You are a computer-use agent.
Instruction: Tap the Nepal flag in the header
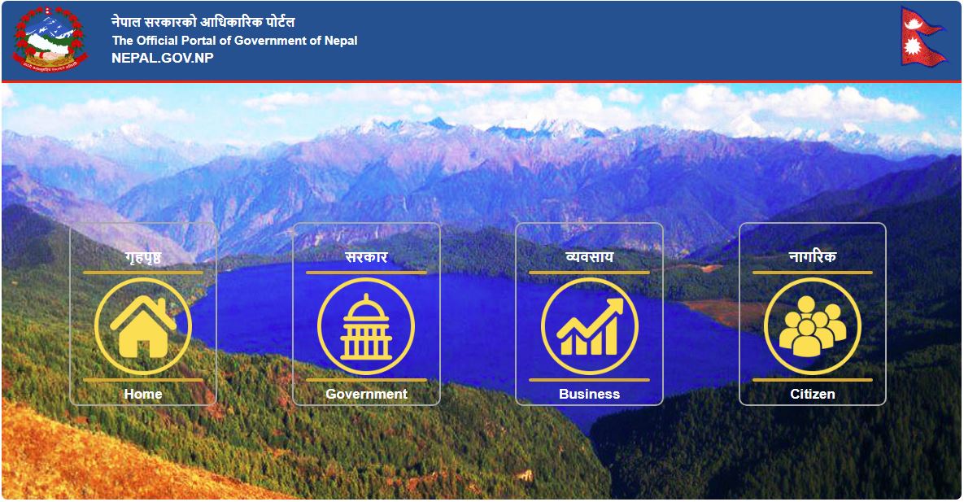pyautogui.click(x=923, y=37)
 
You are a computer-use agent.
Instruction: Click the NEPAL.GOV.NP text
pyautogui.click(x=163, y=58)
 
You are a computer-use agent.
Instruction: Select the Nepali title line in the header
pyautogui.click(x=203, y=22)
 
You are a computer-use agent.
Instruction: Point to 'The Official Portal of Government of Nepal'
pyautogui.click(x=234, y=41)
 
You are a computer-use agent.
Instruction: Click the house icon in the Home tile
pyautogui.click(x=143, y=326)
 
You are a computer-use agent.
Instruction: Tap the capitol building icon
pyautogui.click(x=366, y=326)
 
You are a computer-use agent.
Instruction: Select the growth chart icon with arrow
pyautogui.click(x=589, y=326)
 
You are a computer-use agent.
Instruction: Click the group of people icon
pyautogui.click(x=812, y=326)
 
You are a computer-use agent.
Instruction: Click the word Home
pyautogui.click(x=143, y=394)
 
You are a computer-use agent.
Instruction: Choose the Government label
pyautogui.click(x=366, y=394)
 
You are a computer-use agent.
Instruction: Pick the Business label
pyautogui.click(x=589, y=394)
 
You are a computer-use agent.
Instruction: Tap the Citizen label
pyautogui.click(x=812, y=394)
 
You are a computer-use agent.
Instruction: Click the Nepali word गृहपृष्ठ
pyautogui.click(x=143, y=258)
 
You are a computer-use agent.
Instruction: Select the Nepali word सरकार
pyautogui.click(x=366, y=258)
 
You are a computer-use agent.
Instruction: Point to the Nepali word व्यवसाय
pyautogui.click(x=589, y=258)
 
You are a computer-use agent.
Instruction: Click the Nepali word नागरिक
pyautogui.click(x=812, y=258)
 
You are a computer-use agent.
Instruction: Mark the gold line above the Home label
pyautogui.click(x=143, y=379)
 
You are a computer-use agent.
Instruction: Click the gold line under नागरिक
pyautogui.click(x=812, y=273)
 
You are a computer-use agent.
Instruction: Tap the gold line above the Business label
pyautogui.click(x=589, y=379)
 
